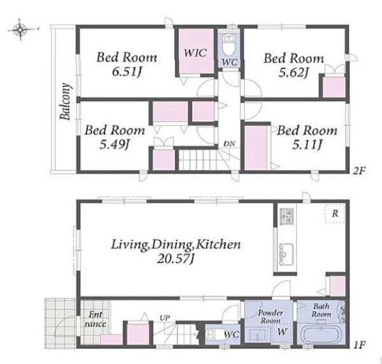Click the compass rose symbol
point(21,30)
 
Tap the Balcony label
point(65,101)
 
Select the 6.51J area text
point(127,72)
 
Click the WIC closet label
point(195,53)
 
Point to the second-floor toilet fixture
point(229,45)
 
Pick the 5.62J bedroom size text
point(294,73)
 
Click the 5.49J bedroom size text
point(114,145)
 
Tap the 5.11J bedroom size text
point(307,145)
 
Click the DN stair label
point(229,144)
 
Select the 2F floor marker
point(359,171)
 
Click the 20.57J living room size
point(176,259)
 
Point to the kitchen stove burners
point(286,217)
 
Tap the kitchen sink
point(286,254)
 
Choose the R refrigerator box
point(335,214)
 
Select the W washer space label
point(282,331)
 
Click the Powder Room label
point(271,316)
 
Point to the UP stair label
point(165,318)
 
